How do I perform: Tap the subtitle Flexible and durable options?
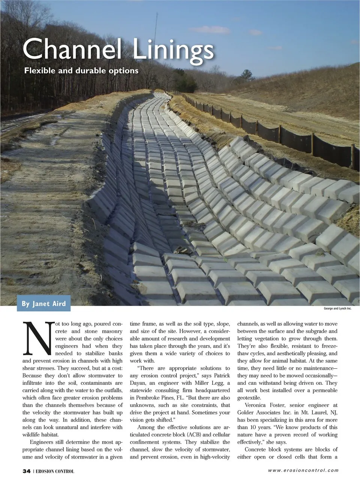coord(81,70)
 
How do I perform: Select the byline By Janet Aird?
coord(43,304)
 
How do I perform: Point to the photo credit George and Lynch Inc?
coord(337,310)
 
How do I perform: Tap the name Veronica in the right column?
coord(258,405)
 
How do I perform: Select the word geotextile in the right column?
coord(252,398)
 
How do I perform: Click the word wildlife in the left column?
coord(33,435)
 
